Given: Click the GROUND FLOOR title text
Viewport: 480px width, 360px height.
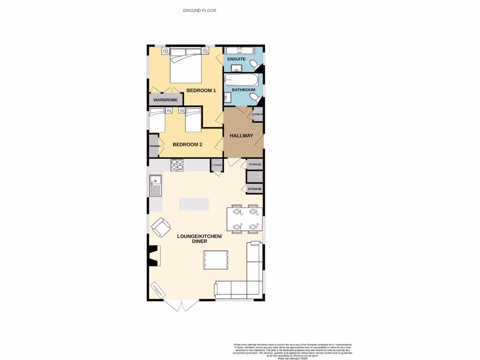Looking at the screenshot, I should pyautogui.click(x=199, y=10).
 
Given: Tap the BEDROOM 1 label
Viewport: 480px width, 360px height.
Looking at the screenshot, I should pyautogui.click(x=201, y=90).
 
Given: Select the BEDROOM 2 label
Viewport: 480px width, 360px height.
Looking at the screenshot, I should pyautogui.click(x=187, y=144).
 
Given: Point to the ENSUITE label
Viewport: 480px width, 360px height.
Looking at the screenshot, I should pyautogui.click(x=236, y=60).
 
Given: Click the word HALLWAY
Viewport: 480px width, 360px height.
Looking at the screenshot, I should pyautogui.click(x=241, y=136).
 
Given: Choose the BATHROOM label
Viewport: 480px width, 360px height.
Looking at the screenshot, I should pyautogui.click(x=243, y=90).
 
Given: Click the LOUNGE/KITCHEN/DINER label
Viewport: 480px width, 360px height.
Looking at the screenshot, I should pyautogui.click(x=199, y=239).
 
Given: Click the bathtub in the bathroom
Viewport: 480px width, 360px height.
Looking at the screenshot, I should pyautogui.click(x=241, y=78).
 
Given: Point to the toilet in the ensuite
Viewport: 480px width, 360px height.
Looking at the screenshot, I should pyautogui.click(x=254, y=63).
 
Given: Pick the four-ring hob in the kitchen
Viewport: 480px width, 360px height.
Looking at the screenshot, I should pyautogui.click(x=177, y=165).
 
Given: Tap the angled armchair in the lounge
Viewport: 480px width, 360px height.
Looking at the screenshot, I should pyautogui.click(x=161, y=227).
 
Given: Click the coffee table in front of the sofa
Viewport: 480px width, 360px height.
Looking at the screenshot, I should pyautogui.click(x=216, y=260).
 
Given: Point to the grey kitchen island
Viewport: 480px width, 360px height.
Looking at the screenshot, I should pyautogui.click(x=194, y=204).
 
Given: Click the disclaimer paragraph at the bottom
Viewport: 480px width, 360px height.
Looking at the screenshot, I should pyautogui.click(x=292, y=350).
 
